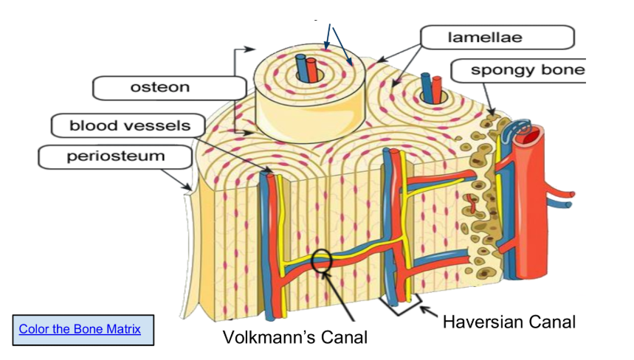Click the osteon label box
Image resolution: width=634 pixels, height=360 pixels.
(160, 88)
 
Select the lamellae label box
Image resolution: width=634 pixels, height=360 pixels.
(497, 37)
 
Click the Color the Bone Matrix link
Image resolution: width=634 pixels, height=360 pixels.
(80, 329)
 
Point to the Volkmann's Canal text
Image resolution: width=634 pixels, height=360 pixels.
(295, 337)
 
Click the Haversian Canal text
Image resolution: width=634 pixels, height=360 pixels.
(509, 322)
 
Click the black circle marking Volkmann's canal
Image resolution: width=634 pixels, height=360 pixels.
(323, 260)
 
